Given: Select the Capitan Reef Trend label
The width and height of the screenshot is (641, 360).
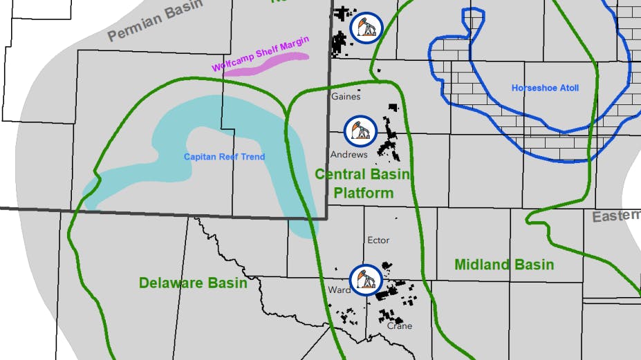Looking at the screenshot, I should point(224,157).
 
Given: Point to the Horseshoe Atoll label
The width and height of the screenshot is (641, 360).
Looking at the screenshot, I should point(545,88).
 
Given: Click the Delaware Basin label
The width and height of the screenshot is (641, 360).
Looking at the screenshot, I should point(193,283).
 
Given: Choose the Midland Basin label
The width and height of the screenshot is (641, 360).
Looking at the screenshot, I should point(504,265).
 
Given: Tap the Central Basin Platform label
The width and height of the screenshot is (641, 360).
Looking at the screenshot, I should point(363,184).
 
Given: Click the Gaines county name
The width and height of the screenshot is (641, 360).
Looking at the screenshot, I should point(346,97).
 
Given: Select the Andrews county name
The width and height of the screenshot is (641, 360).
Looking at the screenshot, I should point(349,155).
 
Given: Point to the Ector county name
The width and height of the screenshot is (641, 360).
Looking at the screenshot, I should point(378,240).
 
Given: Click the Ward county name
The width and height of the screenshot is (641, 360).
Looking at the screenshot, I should point(340,290).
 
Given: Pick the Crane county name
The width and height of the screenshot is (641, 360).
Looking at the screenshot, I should point(400,325).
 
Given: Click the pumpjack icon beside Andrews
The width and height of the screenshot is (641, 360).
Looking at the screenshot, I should point(360,131).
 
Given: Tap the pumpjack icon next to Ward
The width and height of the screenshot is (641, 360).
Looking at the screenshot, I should point(365,279).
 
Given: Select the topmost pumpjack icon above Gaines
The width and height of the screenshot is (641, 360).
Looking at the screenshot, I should point(365,28).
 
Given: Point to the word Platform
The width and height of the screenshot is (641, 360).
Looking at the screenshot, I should point(363,193).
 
